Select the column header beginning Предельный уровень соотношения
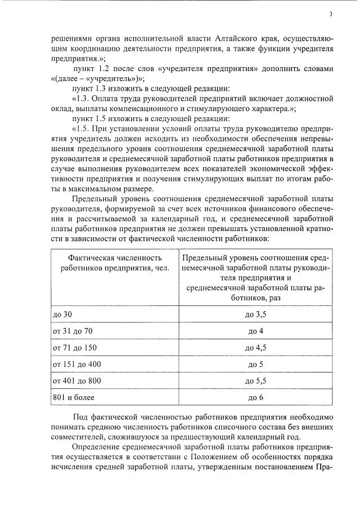click(x=256, y=277)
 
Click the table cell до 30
click(x=63, y=313)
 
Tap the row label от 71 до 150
click(x=74, y=347)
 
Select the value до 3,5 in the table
click(x=256, y=313)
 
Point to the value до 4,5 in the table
click(x=256, y=347)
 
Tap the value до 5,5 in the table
click(x=256, y=381)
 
